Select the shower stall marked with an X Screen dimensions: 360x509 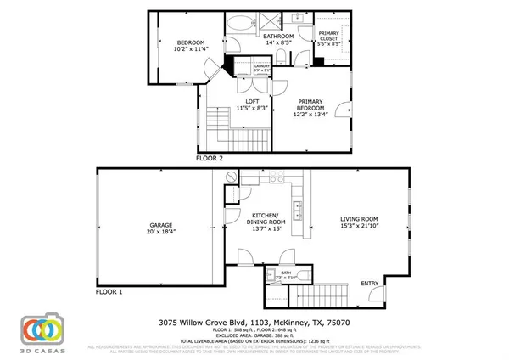tap(274, 24)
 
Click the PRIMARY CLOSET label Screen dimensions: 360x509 tap(328, 36)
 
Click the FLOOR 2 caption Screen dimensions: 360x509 tap(209, 158)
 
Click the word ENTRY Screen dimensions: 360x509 tap(371, 283)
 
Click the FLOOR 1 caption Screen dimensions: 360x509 tap(109, 291)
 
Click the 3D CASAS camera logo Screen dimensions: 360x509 tap(41, 331)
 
